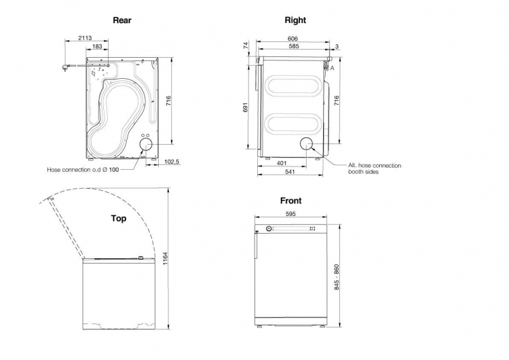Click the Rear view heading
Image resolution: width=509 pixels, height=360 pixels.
[121, 20]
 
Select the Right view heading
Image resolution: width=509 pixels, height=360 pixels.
[295, 20]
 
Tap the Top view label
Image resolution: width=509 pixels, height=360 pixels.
[119, 219]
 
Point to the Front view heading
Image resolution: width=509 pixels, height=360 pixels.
[290, 201]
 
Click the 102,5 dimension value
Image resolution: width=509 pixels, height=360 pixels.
[171, 162]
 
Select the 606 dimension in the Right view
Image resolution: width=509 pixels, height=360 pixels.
[293, 39]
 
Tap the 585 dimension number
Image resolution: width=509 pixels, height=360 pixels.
[293, 46]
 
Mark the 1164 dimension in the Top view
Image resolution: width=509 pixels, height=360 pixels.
[165, 259]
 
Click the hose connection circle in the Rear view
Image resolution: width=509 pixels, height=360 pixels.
[146, 144]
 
